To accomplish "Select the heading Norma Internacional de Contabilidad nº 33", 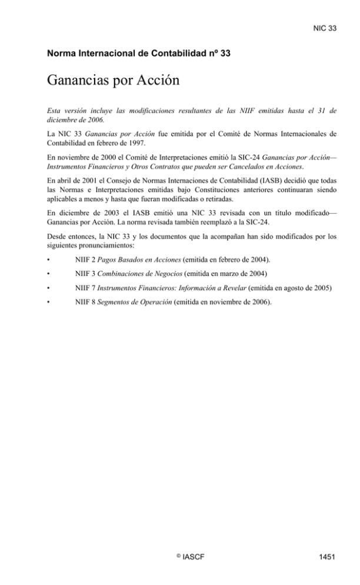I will pos(138,54).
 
